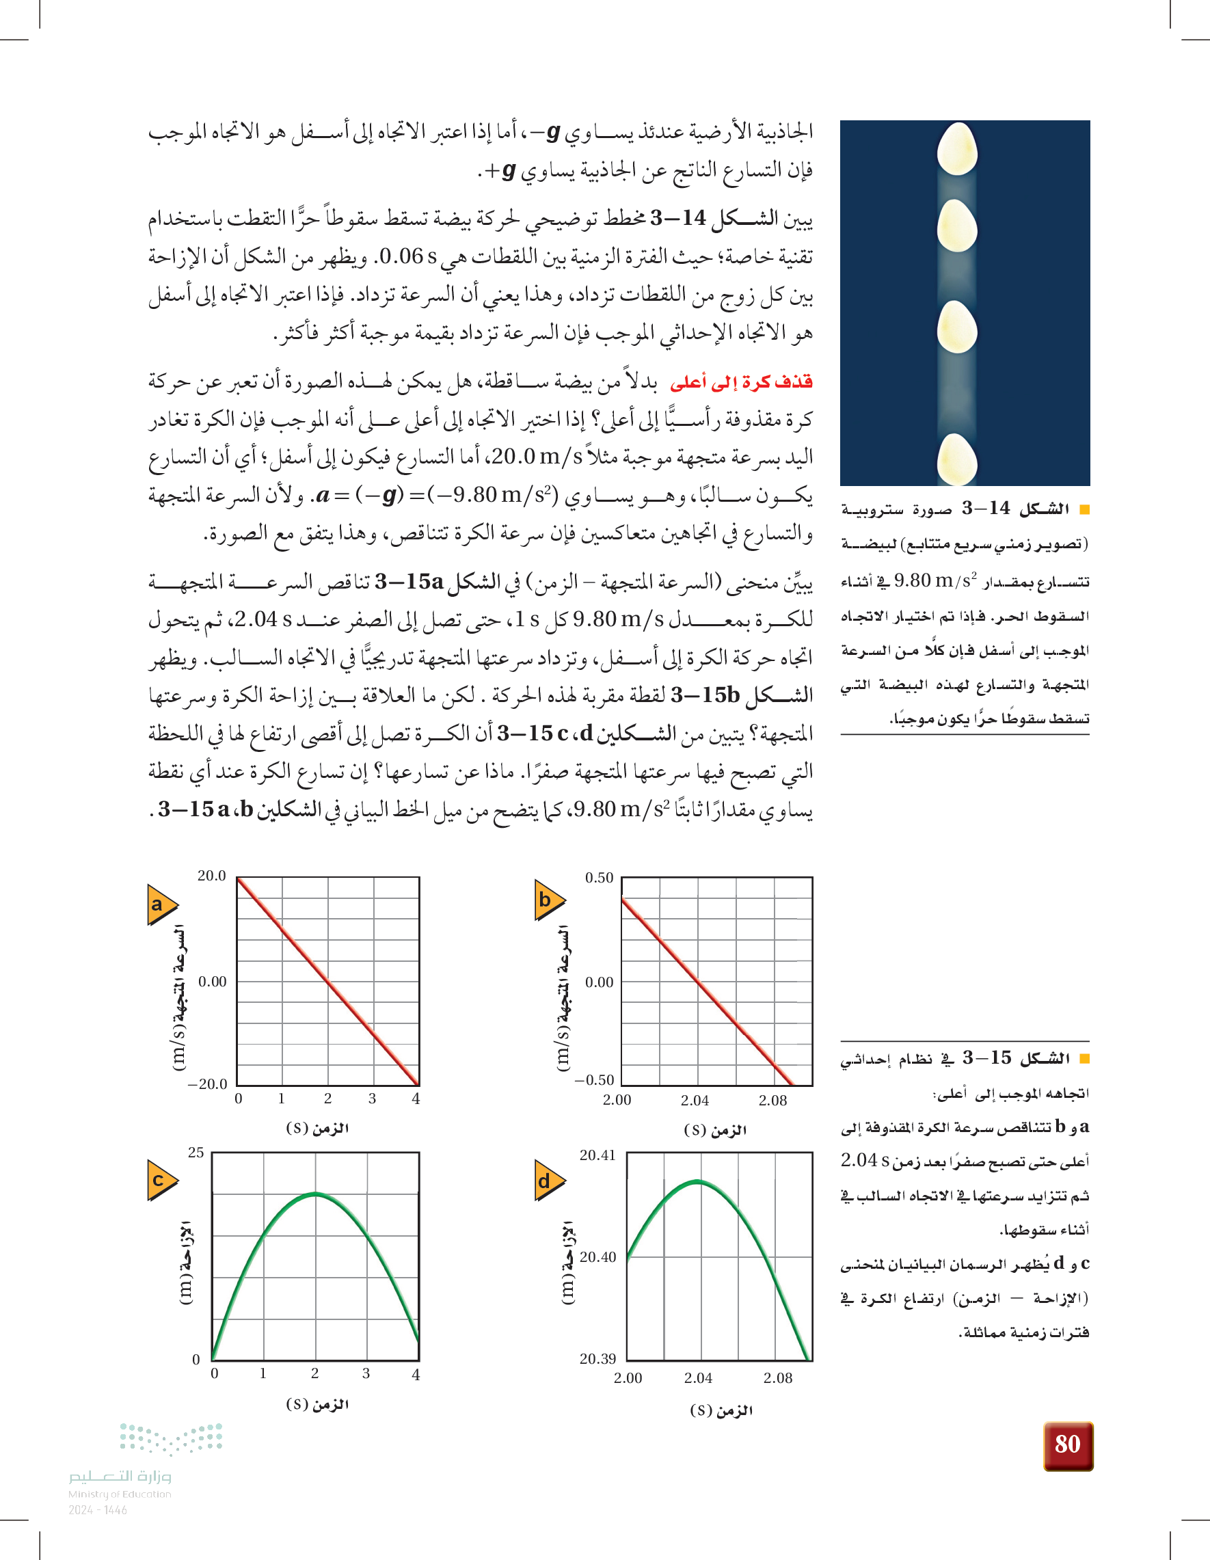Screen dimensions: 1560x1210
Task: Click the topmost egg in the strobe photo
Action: click(x=956, y=148)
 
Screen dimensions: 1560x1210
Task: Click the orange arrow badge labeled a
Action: click(x=161, y=904)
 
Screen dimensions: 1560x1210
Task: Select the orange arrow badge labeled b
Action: click(x=548, y=900)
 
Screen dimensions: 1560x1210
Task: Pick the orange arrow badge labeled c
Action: click(x=161, y=1180)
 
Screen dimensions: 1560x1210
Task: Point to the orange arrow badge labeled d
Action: click(x=548, y=1181)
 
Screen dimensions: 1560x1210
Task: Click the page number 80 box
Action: click(x=1068, y=1444)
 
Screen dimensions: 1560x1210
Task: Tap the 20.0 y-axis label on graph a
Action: click(x=211, y=876)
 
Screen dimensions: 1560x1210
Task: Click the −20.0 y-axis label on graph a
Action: click(x=207, y=1084)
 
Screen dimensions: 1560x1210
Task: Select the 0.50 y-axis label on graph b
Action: click(x=599, y=878)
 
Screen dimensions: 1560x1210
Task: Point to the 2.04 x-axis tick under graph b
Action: click(x=695, y=1101)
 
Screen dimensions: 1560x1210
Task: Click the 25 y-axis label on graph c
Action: click(x=196, y=1152)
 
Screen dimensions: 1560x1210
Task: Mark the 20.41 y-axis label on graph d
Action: click(x=597, y=1155)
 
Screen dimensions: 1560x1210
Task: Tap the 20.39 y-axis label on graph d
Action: click(x=597, y=1358)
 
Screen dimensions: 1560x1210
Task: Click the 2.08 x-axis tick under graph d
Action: click(x=778, y=1379)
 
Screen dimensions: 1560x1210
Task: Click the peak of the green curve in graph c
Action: click(x=315, y=1194)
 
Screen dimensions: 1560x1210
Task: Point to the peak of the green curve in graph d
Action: click(x=697, y=1182)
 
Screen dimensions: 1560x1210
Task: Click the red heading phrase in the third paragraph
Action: click(x=741, y=382)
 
